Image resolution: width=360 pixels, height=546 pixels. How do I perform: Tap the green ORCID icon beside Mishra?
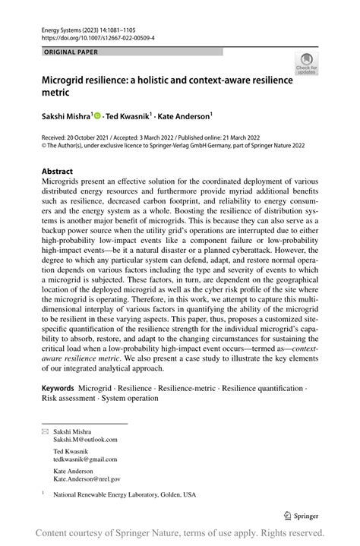tap(99, 115)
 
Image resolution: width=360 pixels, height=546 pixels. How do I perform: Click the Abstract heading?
tap(58, 172)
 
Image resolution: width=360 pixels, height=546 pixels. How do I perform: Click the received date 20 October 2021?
tap(97, 137)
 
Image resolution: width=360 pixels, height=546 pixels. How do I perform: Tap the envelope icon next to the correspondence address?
tap(45, 431)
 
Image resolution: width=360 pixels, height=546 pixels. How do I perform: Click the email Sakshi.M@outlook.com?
tap(85, 439)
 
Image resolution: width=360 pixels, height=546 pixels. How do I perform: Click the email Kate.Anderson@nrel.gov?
tap(86, 479)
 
